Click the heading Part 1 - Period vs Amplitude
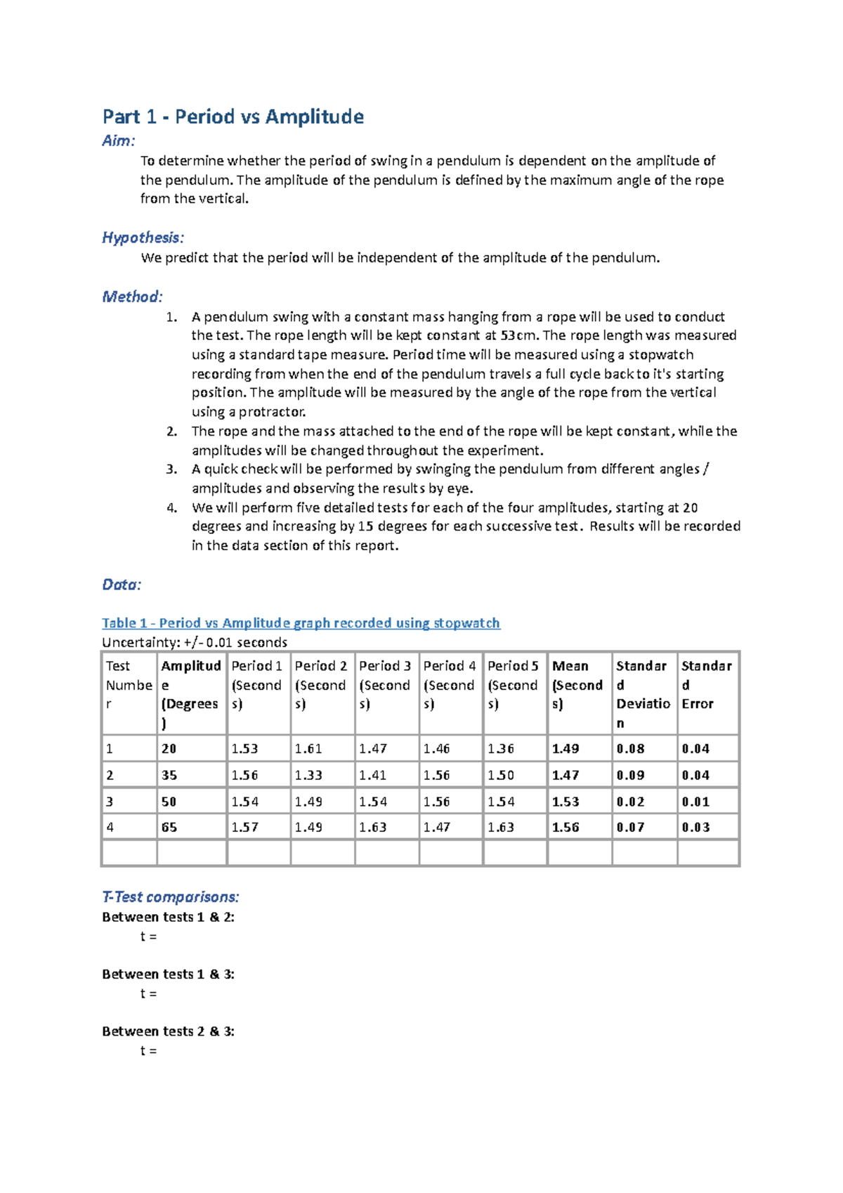[233, 117]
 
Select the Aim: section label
[118, 141]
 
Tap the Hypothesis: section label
[143, 237]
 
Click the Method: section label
[132, 296]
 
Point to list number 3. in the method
[172, 469]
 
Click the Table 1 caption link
[301, 623]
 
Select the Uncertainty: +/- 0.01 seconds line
[195, 642]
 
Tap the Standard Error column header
[706, 684]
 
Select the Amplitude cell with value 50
[169, 802]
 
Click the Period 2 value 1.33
[308, 776]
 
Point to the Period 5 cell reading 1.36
[501, 749]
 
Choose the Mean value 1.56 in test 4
[566, 828]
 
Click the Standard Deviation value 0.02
[630, 802]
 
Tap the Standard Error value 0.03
[695, 828]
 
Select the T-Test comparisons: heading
[171, 897]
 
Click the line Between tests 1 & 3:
[168, 974]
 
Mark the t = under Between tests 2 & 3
[148, 1051]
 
